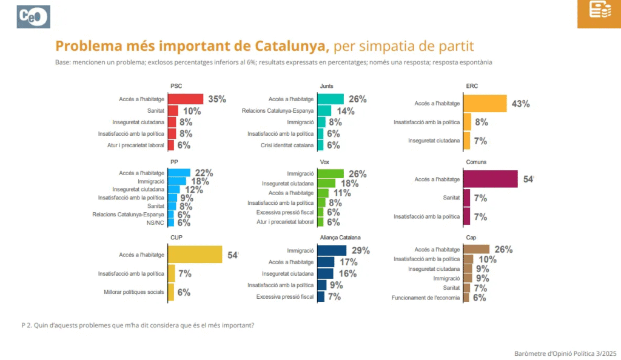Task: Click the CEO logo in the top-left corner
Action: click(x=34, y=16)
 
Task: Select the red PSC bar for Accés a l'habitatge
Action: click(x=185, y=99)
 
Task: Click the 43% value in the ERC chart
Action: click(x=520, y=104)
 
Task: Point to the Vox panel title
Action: click(x=325, y=162)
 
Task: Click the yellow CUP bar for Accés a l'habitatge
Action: click(x=195, y=255)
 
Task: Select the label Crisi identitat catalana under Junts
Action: click(x=287, y=145)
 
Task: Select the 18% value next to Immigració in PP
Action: click(x=199, y=181)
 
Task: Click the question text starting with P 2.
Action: click(x=138, y=325)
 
